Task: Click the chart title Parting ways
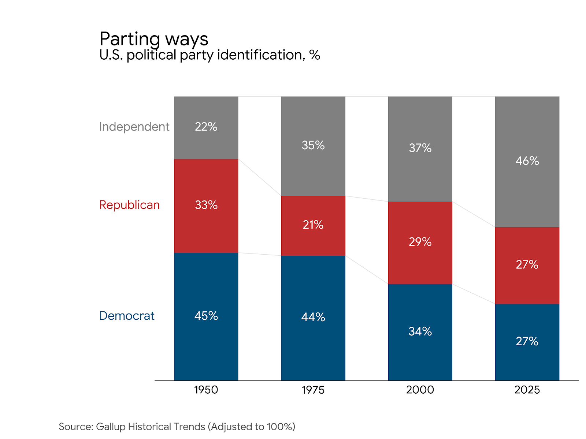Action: [154, 39]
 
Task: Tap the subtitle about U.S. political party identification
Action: [209, 55]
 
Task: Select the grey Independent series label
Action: [134, 127]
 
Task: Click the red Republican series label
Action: [129, 205]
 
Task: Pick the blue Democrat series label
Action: [127, 316]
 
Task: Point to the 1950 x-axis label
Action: [206, 390]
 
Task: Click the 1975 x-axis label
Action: [313, 390]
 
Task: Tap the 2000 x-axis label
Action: [420, 390]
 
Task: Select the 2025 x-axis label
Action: [527, 390]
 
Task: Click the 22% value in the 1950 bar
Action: [206, 127]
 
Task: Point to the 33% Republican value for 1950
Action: [206, 205]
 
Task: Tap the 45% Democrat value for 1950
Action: [206, 316]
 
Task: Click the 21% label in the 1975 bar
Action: [313, 225]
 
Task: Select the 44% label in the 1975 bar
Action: [313, 317]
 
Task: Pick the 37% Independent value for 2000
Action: [420, 148]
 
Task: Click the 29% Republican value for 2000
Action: [420, 242]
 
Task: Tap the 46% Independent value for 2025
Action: [527, 161]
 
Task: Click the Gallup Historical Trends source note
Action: [177, 427]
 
